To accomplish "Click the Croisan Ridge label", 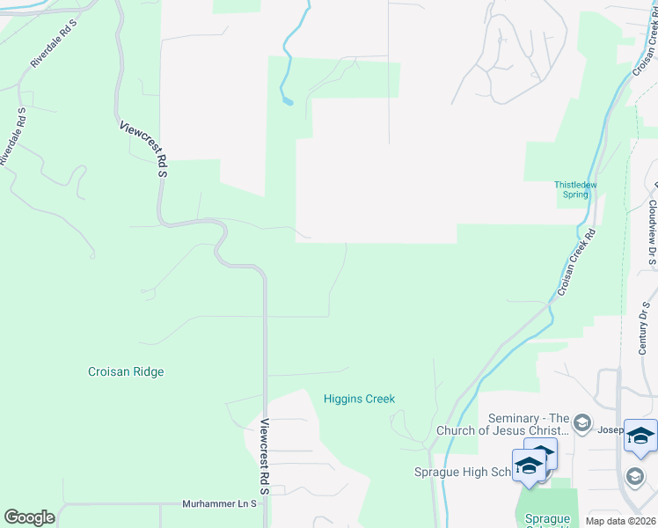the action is click(x=126, y=371).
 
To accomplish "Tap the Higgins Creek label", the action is click(x=359, y=399).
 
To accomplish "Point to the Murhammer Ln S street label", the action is click(x=219, y=504).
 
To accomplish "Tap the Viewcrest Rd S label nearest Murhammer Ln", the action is click(x=264, y=459).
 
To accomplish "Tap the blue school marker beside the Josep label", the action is click(x=640, y=436).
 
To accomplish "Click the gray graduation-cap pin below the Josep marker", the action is click(x=634, y=476).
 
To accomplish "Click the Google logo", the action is click(x=29, y=517).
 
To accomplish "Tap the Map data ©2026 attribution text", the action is click(x=621, y=521).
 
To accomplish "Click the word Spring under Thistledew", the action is click(x=575, y=194).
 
